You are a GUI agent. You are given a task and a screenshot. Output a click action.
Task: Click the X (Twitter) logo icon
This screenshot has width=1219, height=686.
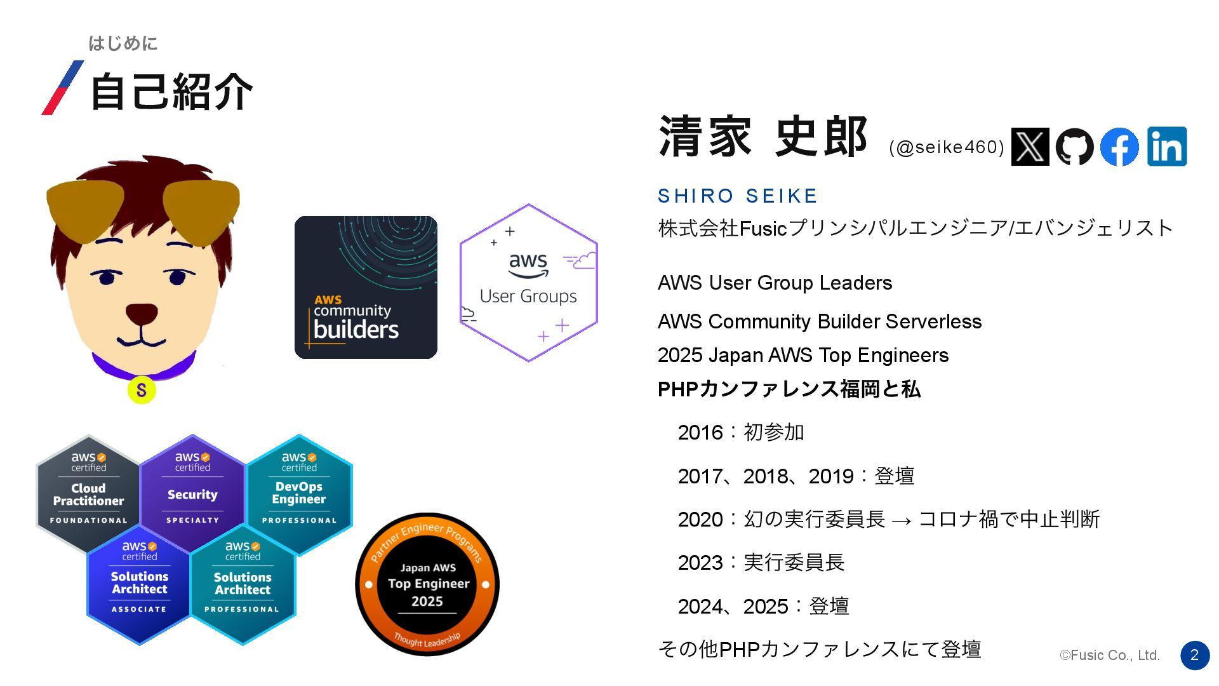(1030, 147)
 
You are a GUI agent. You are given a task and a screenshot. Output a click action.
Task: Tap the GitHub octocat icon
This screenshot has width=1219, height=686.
(1074, 147)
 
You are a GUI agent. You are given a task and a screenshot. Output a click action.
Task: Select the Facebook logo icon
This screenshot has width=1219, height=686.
(1119, 147)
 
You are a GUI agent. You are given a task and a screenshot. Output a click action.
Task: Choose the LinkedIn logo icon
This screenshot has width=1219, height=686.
(1167, 147)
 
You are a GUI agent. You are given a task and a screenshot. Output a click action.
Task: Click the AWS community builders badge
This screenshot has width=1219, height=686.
(366, 287)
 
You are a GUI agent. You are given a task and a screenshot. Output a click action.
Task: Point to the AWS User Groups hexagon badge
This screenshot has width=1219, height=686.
(528, 283)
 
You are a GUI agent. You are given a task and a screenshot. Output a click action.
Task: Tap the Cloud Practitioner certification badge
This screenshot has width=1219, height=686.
(88, 492)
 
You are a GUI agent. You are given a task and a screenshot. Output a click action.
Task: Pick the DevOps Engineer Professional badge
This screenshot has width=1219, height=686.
(299, 492)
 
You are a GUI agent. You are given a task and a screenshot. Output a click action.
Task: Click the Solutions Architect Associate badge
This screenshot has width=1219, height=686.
(139, 582)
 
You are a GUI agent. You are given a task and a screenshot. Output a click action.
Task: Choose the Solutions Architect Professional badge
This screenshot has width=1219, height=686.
(243, 582)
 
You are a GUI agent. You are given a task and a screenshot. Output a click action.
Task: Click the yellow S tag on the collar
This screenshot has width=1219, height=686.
(142, 390)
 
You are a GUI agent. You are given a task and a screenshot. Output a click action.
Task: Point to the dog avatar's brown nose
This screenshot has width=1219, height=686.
(141, 313)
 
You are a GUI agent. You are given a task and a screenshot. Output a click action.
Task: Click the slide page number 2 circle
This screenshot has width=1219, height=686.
(1195, 655)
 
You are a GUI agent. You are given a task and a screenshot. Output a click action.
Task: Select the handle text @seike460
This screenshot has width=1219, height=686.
(947, 147)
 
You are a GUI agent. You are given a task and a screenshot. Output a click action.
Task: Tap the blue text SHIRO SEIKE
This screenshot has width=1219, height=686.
(737, 196)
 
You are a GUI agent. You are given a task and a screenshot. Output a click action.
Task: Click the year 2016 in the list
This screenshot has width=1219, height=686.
(700, 433)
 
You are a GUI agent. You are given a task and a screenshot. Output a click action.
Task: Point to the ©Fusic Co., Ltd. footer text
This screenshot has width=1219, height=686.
(1110, 655)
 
